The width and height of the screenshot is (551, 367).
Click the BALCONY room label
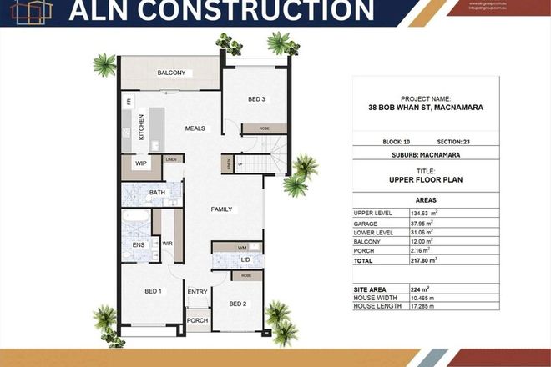(170, 73)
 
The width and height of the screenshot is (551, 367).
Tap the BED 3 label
(256, 99)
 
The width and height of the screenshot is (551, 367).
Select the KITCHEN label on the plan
(142, 128)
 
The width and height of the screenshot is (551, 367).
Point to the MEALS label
(195, 128)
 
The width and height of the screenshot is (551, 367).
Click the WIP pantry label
(141, 163)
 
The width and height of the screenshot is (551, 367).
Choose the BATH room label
(157, 193)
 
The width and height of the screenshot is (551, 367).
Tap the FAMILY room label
(221, 209)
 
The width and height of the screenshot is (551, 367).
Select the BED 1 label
(153, 290)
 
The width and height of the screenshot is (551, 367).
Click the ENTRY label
(197, 291)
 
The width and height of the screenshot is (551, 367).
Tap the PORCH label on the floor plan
(197, 320)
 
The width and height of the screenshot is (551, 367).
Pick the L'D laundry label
(246, 260)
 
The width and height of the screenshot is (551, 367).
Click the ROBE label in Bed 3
(253, 129)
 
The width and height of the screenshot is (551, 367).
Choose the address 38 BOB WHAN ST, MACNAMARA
(426, 107)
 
